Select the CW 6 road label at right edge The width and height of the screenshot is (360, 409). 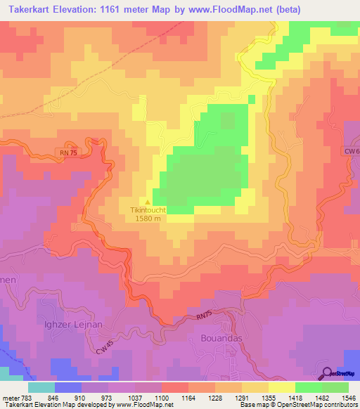(x=352, y=151)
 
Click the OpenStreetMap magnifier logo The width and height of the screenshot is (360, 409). (x=328, y=374)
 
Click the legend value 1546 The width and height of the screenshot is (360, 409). (x=347, y=398)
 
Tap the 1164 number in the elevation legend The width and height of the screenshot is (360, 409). (x=187, y=398)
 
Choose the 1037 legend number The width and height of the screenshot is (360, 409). (x=134, y=398)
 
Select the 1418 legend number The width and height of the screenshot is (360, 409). (x=294, y=398)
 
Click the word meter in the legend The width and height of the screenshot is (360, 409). (x=11, y=398)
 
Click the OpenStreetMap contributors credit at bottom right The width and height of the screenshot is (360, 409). (x=309, y=405)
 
